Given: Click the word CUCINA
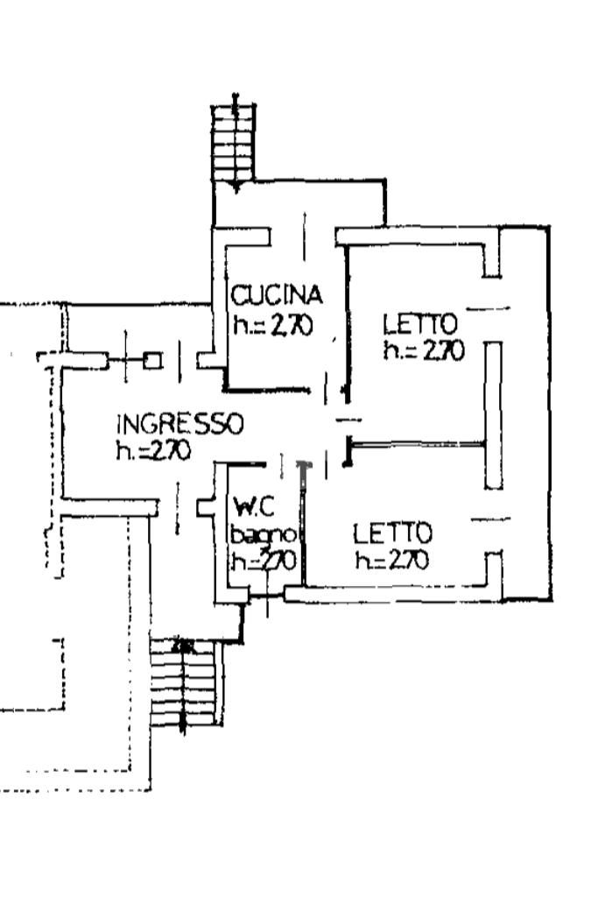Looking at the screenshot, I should pyautogui.click(x=277, y=293).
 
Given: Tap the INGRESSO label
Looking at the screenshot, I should pyautogui.click(x=179, y=424).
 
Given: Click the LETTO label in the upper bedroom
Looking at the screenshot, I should pyautogui.click(x=420, y=323).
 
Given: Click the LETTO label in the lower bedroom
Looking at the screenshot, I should pyautogui.click(x=392, y=533).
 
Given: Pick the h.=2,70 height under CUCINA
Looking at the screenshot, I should pyautogui.click(x=272, y=325).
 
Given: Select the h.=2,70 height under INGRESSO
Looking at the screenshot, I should pyautogui.click(x=154, y=450).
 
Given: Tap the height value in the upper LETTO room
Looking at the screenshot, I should pyautogui.click(x=423, y=350).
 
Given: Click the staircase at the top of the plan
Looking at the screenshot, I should pyautogui.click(x=235, y=140).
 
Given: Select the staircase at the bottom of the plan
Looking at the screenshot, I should pyautogui.click(x=182, y=683).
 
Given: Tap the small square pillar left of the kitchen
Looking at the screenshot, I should pyautogui.click(x=152, y=360).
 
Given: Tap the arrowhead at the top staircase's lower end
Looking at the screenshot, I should pyautogui.click(x=235, y=187).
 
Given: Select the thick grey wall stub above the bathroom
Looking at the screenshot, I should pyautogui.click(x=304, y=474).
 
